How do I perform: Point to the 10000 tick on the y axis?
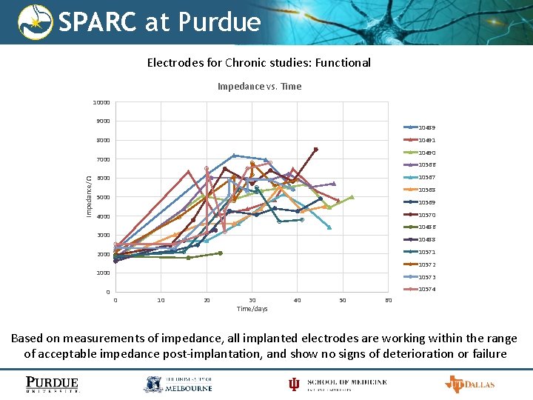[x=101, y=102]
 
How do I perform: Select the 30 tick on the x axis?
[x=252, y=300]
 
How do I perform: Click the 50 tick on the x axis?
[x=343, y=300]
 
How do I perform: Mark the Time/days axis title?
[x=252, y=308]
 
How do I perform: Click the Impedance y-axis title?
[x=89, y=197]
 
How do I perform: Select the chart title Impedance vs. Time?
[x=259, y=86]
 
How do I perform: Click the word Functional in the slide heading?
[x=343, y=63]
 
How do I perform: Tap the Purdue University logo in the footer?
[x=53, y=384]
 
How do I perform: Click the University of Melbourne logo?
[x=178, y=384]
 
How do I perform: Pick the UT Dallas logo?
[x=469, y=384]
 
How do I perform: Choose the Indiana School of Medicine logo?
[x=337, y=384]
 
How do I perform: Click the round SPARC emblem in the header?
[x=36, y=22]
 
